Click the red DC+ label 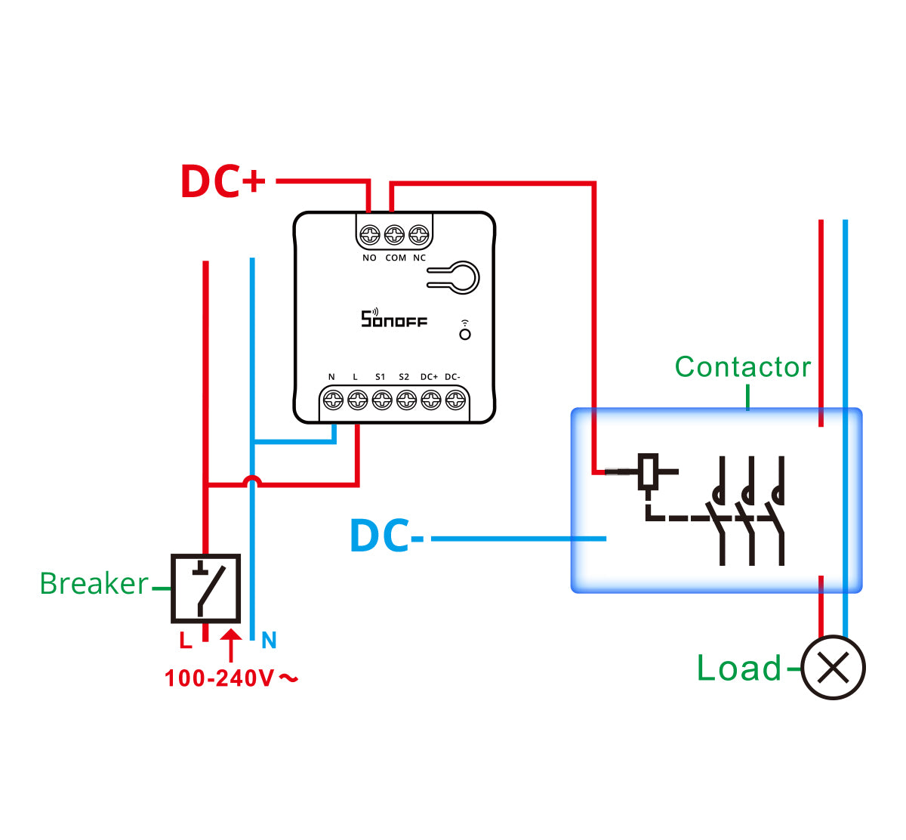223,181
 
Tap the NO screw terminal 369,236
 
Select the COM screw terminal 394,236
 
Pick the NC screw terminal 418,236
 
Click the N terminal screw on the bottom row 333,400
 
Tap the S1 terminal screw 382,400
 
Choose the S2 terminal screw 406,400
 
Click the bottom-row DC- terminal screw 455,400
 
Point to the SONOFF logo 393,320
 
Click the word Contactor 743,367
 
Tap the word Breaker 94,584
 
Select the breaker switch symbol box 205,588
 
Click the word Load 738,669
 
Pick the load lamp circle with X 833,668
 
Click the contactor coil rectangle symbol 648,471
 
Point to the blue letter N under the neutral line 269,641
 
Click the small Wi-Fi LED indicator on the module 465,333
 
